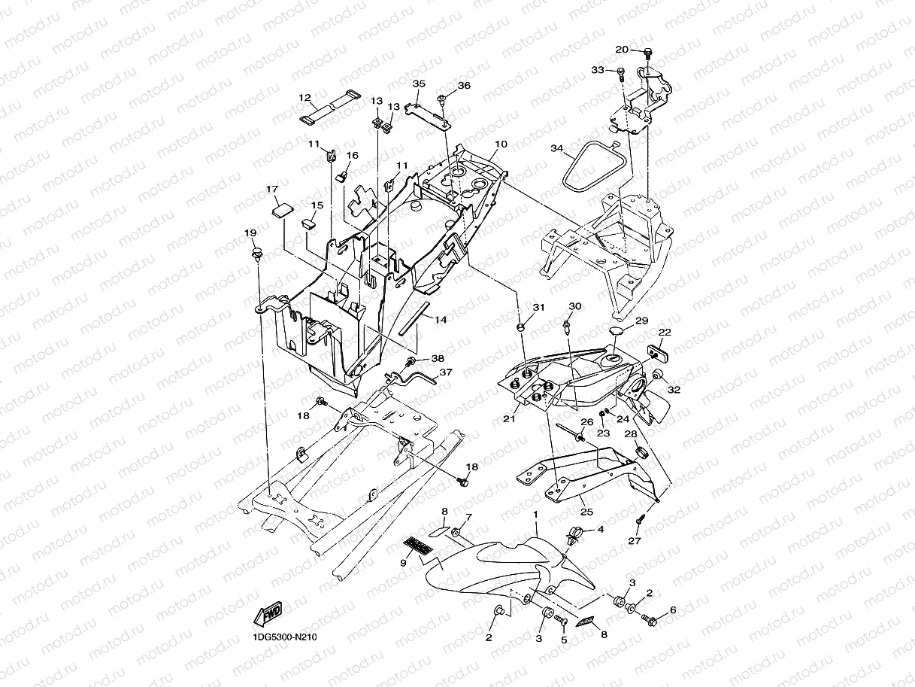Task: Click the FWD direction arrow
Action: tap(268, 613)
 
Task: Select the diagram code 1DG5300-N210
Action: tap(285, 637)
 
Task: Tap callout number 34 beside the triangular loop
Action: tap(557, 148)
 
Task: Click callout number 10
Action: tap(501, 144)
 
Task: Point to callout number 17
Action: tap(271, 189)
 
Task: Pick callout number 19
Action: tap(250, 233)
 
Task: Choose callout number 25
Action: tap(586, 512)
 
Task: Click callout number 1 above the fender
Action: tap(535, 515)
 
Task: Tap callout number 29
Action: tap(641, 321)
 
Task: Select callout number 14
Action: tap(441, 320)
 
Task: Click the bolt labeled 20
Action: tap(648, 54)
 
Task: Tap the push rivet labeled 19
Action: tap(258, 254)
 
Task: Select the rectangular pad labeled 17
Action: tap(283, 210)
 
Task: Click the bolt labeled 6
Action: tap(649, 620)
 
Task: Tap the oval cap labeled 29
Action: tap(618, 330)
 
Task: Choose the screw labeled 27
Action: tap(639, 521)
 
